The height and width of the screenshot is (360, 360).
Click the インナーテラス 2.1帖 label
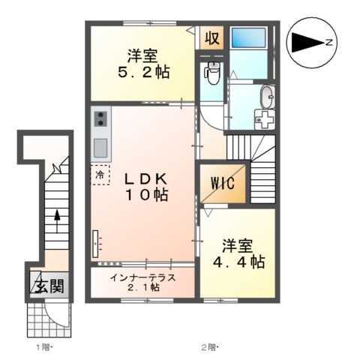pyautogui.click(x=143, y=282)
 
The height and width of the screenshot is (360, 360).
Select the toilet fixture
pyautogui.click(x=212, y=73)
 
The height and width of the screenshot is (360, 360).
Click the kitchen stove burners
pyautogui.click(x=101, y=118)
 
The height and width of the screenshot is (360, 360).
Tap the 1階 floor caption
pyautogui.click(x=43, y=347)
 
